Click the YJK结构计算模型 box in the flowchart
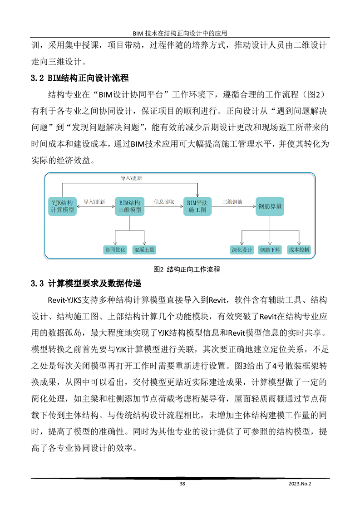pos(63,206)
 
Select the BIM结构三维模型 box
pos(129,206)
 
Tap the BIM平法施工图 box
pos(197,206)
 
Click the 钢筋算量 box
pos(270,206)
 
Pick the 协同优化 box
pos(115,249)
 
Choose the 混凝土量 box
pos(144,249)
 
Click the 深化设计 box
pos(242,250)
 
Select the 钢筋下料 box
pos(270,250)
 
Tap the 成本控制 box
pos(299,250)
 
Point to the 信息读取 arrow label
pos(163,201)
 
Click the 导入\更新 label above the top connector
pos(131,178)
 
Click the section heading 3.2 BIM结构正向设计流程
pos(79,78)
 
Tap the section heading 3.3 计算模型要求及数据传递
pos(86,284)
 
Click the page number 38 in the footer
pos(182,484)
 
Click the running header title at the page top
pos(180,33)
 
